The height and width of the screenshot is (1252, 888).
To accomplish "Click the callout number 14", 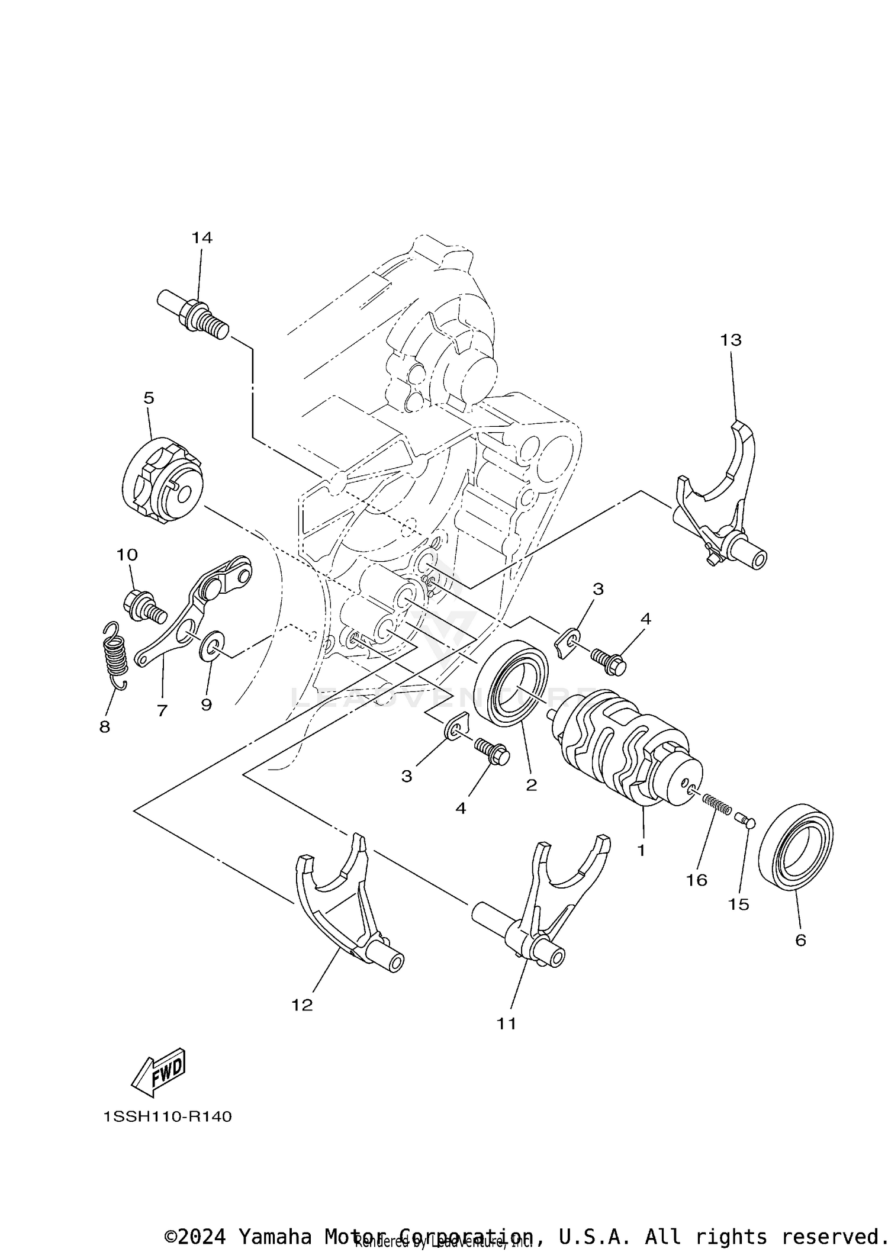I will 201,238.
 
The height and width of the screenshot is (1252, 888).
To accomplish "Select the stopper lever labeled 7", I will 195,616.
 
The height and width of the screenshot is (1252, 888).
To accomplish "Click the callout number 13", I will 731,340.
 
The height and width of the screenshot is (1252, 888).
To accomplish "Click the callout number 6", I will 800,940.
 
